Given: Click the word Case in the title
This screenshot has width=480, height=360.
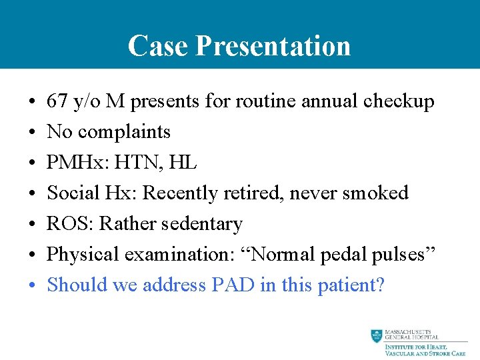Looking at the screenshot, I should click(x=157, y=46).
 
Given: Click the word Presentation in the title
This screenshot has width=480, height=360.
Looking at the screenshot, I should click(x=273, y=46).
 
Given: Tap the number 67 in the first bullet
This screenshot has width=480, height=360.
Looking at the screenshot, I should click(x=56, y=101).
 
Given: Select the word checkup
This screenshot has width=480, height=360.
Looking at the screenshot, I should click(x=399, y=101).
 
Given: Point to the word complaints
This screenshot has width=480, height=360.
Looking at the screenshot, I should click(x=124, y=132).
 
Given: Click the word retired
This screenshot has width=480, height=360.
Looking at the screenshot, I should click(x=256, y=193).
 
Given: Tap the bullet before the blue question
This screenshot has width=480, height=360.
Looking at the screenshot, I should click(x=33, y=285).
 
